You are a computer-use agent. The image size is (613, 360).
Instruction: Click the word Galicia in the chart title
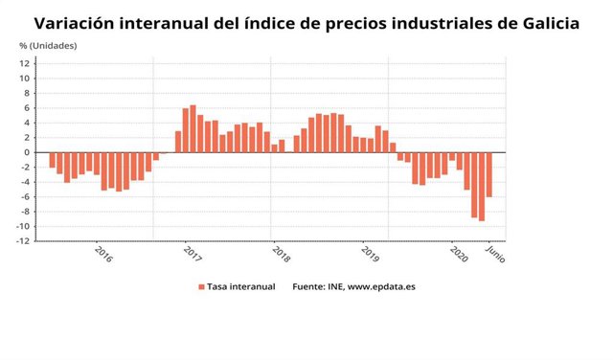pyautogui.click(x=542, y=22)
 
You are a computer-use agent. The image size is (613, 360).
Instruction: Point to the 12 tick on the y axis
pyautogui.click(x=26, y=63)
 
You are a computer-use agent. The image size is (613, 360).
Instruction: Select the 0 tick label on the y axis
pyautogui.click(x=28, y=152)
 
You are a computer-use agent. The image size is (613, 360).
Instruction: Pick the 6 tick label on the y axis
pyautogui.click(x=28, y=108)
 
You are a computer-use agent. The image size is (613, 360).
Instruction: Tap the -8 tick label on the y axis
pyautogui.click(x=24, y=212)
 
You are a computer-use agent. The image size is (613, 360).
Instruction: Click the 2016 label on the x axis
pyautogui.click(x=103, y=256)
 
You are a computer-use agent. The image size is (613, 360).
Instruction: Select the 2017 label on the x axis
pyautogui.click(x=192, y=256)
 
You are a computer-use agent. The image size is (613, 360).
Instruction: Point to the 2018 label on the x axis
pyautogui.click(x=281, y=256)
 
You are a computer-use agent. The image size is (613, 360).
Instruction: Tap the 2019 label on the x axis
pyautogui.click(x=370, y=256)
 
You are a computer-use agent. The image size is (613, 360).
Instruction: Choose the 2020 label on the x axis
pyautogui.click(x=459, y=256)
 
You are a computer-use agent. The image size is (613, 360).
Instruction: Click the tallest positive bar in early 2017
pyautogui.click(x=193, y=128)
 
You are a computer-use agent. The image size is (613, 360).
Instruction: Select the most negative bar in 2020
pyautogui.click(x=482, y=187)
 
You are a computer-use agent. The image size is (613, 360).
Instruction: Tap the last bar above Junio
pyautogui.click(x=489, y=174)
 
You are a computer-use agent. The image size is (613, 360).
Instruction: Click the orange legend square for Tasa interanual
pyautogui.click(x=201, y=286)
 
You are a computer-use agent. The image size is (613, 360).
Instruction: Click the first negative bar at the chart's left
pyautogui.click(x=52, y=160)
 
